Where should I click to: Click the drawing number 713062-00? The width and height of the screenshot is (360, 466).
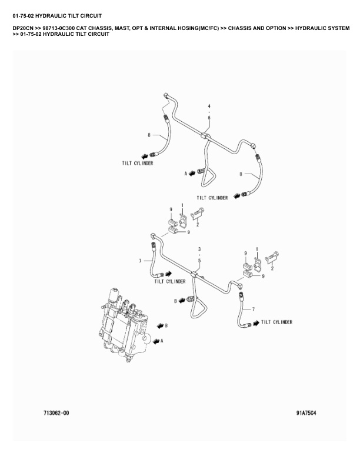tap(57, 413)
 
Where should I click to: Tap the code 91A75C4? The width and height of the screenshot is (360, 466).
tap(306, 413)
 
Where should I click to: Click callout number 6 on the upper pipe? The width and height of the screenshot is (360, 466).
tap(209, 118)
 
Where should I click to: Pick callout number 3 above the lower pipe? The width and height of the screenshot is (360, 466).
tap(199, 249)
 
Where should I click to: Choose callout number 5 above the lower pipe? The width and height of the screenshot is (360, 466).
tap(199, 260)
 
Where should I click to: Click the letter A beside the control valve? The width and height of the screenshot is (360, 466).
tap(161, 340)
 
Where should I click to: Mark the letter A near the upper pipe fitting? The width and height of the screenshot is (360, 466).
tap(185, 174)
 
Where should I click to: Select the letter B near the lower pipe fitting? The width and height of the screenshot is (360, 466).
tap(175, 301)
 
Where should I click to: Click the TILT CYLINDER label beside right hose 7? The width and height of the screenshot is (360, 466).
tap(276, 322)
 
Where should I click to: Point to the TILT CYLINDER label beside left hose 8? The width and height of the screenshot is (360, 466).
tap(137, 163)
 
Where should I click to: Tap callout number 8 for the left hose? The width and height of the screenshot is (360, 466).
tap(149, 135)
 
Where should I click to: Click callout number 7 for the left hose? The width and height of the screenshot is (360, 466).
tap(140, 260)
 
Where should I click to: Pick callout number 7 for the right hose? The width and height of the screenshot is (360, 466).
tap(254, 309)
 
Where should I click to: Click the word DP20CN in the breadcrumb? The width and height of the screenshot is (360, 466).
tap(24, 28)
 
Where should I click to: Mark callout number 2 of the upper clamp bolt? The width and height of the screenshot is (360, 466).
tap(198, 224)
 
